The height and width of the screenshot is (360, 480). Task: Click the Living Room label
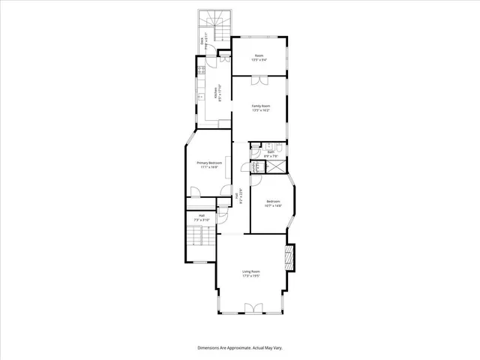[x=250, y=273]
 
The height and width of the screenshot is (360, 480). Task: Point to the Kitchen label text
[x=216, y=94]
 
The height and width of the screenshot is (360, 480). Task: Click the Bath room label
[x=271, y=154]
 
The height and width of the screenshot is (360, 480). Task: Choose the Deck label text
[x=202, y=43]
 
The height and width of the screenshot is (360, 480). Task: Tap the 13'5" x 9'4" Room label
[x=259, y=58]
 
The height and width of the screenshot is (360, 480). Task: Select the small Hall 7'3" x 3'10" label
[x=201, y=217]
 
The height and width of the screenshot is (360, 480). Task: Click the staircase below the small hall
[x=197, y=239]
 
